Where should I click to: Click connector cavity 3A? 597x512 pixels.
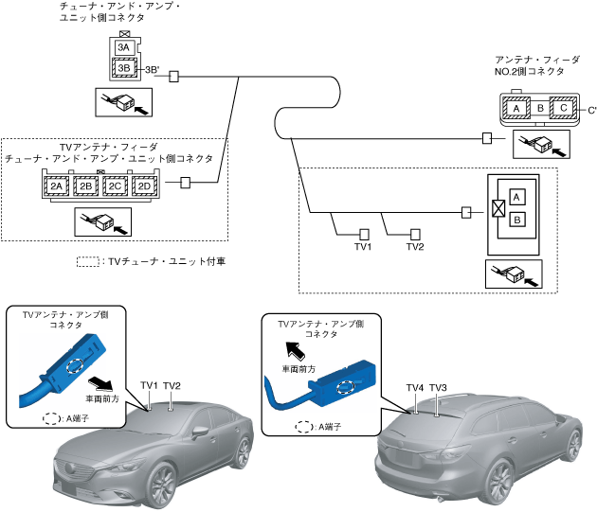(x=123, y=47)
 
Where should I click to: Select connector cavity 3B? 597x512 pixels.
(x=123, y=67)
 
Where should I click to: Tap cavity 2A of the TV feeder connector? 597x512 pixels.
(x=57, y=185)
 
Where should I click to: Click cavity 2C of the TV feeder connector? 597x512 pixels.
(x=115, y=185)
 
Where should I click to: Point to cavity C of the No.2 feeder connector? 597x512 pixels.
(x=563, y=109)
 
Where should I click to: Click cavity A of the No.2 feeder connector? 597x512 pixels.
(x=516, y=109)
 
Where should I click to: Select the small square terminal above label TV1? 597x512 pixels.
(x=363, y=232)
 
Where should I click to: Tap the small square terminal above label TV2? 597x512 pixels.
(x=415, y=232)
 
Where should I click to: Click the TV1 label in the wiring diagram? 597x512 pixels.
(x=362, y=248)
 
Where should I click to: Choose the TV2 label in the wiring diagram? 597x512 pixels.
(x=415, y=248)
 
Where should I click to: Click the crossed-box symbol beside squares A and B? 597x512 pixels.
(x=497, y=208)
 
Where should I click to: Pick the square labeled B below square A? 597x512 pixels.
(x=516, y=220)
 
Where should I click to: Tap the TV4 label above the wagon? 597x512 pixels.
(x=414, y=388)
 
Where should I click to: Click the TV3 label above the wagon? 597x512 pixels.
(x=437, y=388)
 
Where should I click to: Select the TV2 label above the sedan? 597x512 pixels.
(x=172, y=386)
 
